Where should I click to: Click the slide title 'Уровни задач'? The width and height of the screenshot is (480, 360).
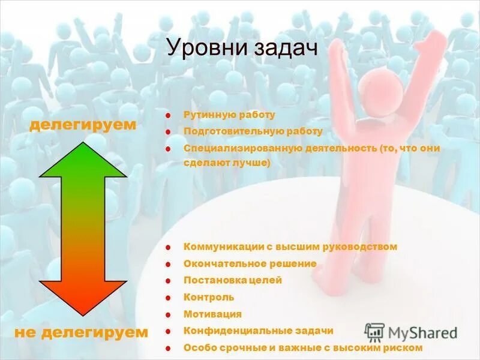pyautogui.click(x=242, y=48)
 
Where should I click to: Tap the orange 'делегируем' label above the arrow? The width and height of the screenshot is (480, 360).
pyautogui.click(x=83, y=125)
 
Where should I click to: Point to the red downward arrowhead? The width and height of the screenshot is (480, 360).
pyautogui.click(x=83, y=298)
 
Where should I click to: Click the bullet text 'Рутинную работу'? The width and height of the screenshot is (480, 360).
pyautogui.click(x=229, y=115)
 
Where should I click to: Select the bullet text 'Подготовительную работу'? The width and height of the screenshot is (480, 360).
pyautogui.click(x=253, y=131)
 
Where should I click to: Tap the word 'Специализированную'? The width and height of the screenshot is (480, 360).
pyautogui.click(x=233, y=148)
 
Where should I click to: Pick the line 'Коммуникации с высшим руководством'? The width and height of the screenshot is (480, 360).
pyautogui.click(x=290, y=247)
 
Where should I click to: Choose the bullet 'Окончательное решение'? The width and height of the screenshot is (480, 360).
pyautogui.click(x=250, y=263)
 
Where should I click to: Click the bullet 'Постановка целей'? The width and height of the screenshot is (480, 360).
pyautogui.click(x=233, y=280)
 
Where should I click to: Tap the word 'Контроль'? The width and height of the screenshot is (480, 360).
pyautogui.click(x=209, y=297)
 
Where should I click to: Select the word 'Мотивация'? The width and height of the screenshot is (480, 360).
pyautogui.click(x=212, y=314)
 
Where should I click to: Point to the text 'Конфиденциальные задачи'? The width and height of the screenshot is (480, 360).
pyautogui.click(x=258, y=331)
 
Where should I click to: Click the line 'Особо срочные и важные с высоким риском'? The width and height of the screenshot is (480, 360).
pyautogui.click(x=303, y=347)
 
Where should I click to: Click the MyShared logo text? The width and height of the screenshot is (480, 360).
pyautogui.click(x=422, y=332)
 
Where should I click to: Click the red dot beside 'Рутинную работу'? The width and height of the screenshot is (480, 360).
pyautogui.click(x=170, y=115)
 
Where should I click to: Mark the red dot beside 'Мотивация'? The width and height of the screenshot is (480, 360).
pyautogui.click(x=170, y=314)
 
